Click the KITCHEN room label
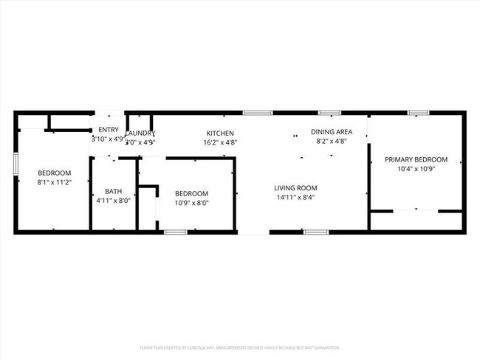pos(220,134)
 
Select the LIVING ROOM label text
pos(295,188)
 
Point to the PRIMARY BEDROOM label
pos(416,159)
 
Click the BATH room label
pos(113,191)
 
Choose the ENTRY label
pos(108,130)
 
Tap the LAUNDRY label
pos(140,134)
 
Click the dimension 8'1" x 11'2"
pos(54,182)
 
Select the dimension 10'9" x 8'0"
pos(191,203)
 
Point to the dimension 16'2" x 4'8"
pos(220,143)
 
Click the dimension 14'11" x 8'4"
pos(295,198)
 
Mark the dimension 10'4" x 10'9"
pos(416,169)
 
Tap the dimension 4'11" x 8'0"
pos(113,201)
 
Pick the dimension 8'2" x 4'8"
pos(332,141)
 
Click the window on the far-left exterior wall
pos(16,164)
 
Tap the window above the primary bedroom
pos(418,113)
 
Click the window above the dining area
pos(329,113)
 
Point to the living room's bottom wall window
pos(316,232)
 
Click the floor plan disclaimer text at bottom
pos(239,347)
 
